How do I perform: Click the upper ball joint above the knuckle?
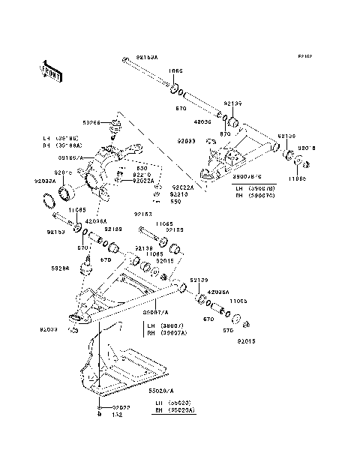tap(117, 124)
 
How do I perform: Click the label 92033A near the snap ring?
tap(44, 181)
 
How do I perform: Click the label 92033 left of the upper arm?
tap(187, 141)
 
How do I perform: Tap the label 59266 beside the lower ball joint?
tap(61, 266)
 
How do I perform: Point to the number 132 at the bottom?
tap(116, 414)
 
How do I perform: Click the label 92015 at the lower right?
tap(247, 340)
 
